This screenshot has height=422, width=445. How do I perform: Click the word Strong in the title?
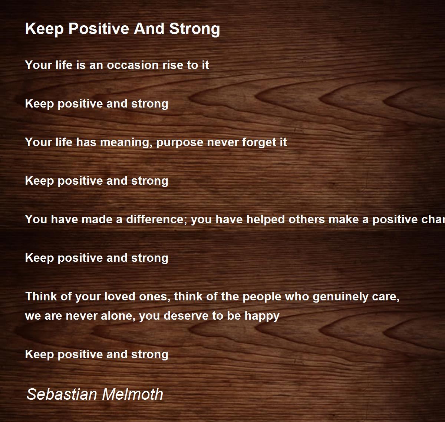[x=195, y=29]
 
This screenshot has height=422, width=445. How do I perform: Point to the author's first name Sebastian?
[x=62, y=394]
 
